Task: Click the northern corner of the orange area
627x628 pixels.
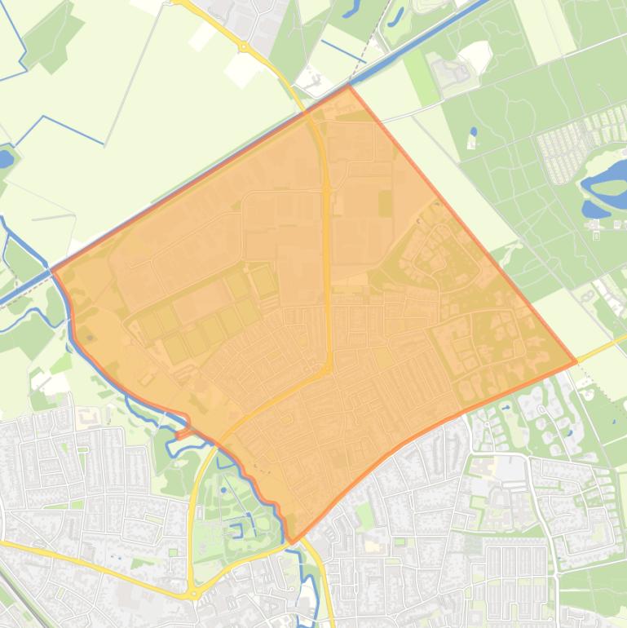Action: coord(349,86)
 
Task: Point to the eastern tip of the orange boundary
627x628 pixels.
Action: coord(576,361)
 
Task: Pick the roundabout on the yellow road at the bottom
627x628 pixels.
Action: coord(192,593)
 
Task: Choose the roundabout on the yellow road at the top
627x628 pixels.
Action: coord(243,47)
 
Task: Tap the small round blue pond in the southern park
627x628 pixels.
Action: coord(223,490)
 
